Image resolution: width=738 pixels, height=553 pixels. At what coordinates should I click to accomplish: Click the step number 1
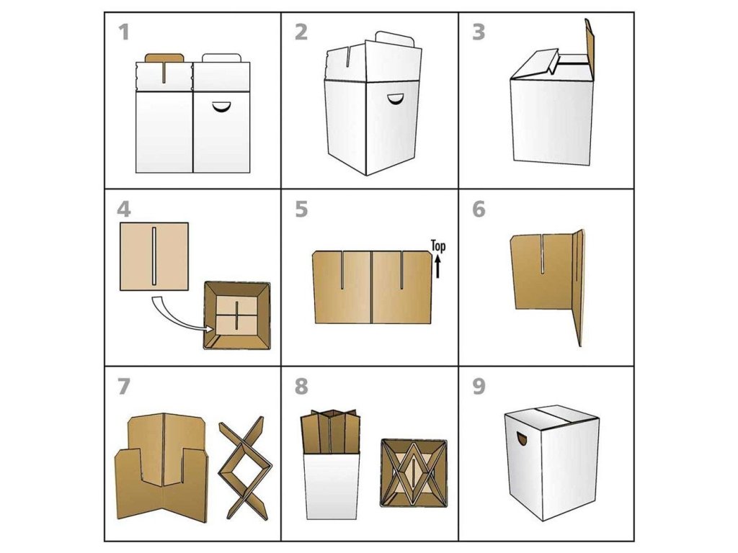coord(124,32)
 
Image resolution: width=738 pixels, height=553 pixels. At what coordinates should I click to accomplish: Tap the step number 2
coord(301,32)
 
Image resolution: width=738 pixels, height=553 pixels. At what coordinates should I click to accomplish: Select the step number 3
coord(479,32)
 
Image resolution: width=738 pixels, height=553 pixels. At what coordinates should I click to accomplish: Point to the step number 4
coord(124,210)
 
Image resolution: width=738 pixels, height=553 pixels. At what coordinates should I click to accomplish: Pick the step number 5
coord(301,210)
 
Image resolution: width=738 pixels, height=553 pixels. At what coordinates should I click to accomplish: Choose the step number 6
coord(479,210)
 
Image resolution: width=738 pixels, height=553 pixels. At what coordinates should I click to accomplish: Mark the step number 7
coord(124,387)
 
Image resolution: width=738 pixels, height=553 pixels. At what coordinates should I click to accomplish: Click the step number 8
coord(301,387)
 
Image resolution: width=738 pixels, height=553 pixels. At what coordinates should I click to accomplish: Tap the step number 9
coord(479,387)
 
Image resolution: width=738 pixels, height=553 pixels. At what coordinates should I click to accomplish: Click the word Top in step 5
coord(437,246)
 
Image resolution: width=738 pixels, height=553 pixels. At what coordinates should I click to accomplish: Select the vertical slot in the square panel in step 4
coord(154,256)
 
